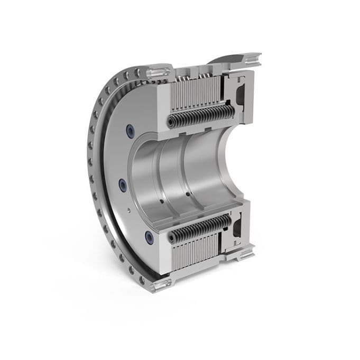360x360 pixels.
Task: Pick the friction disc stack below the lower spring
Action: pyautogui.click(x=196, y=251)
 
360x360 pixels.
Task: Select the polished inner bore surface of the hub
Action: pyautogui.click(x=174, y=169)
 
